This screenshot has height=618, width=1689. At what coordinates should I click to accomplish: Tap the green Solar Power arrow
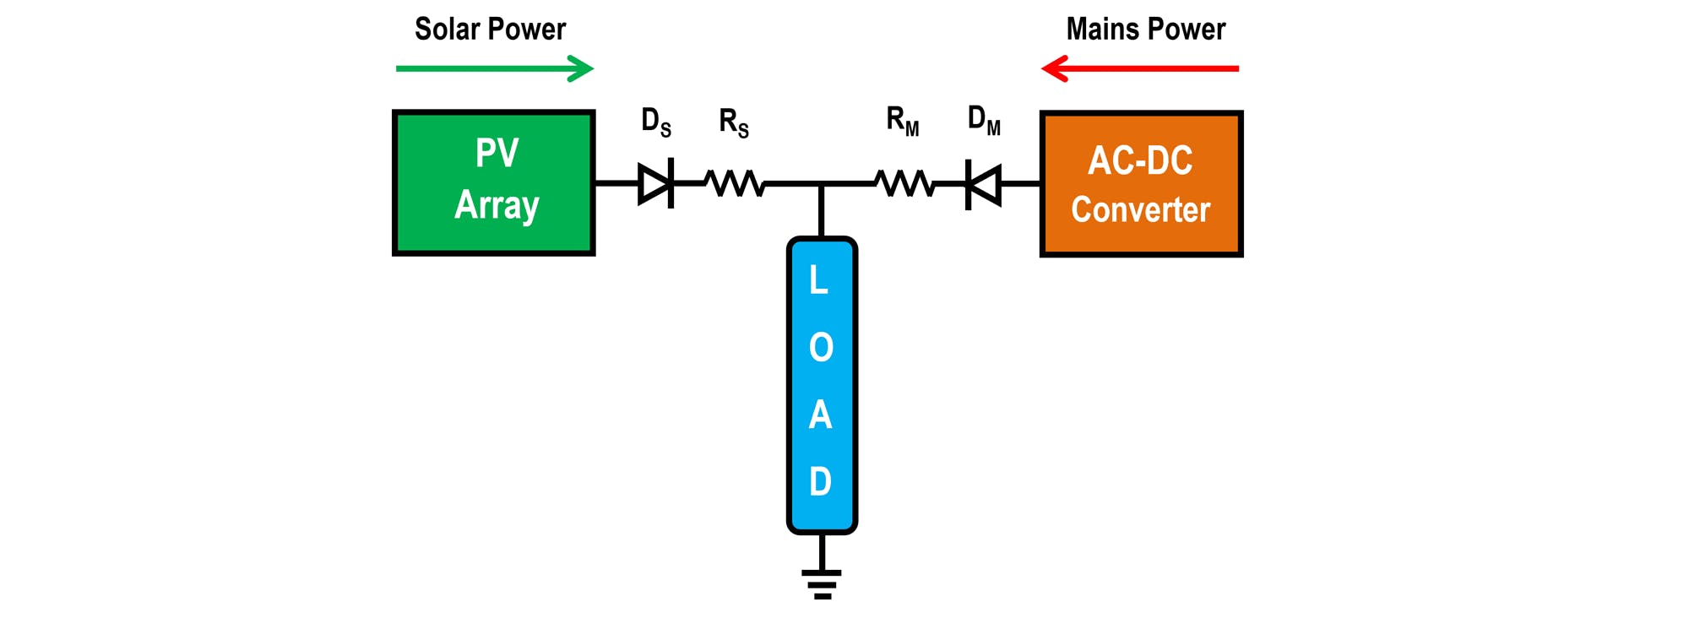tap(495, 68)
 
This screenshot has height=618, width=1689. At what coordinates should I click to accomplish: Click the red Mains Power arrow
tap(1140, 68)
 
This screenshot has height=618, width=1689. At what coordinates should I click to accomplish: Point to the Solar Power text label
tap(490, 30)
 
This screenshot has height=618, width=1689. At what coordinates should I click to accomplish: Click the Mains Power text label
tap(1145, 30)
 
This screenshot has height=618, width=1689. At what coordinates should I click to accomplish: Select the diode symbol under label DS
tap(656, 182)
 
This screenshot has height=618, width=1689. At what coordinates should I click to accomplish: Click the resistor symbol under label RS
tap(735, 182)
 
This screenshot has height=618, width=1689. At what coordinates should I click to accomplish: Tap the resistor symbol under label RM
tap(904, 182)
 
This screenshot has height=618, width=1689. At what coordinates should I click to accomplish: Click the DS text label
tap(656, 122)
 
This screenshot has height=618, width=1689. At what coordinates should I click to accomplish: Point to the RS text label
tap(734, 122)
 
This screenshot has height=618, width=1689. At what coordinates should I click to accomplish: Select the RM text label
tap(903, 122)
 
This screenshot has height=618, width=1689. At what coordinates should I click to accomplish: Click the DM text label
tap(984, 121)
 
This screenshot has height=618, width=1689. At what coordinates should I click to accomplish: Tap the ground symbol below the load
tap(822, 583)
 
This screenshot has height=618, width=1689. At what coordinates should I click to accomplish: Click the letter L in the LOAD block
tap(818, 280)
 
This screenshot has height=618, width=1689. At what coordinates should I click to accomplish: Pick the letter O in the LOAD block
tap(821, 347)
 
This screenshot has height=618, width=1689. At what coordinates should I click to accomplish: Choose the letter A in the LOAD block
tap(820, 415)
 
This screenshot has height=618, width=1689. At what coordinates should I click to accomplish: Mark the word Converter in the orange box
tap(1140, 209)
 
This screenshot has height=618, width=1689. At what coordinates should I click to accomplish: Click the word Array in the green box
tap(497, 205)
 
